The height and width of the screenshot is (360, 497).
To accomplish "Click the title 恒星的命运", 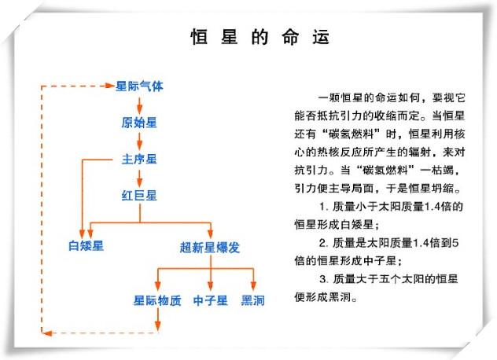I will pyautogui.click(x=259, y=37).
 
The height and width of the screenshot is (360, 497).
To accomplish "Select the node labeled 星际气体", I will pyautogui.click(x=139, y=85).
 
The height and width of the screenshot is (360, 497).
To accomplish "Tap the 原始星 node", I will pyautogui.click(x=139, y=123).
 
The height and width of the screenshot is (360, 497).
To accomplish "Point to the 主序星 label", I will pyautogui.click(x=139, y=159).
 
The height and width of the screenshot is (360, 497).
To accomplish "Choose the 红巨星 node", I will pyautogui.click(x=139, y=195).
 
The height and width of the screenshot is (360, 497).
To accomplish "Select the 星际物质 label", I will pyautogui.click(x=156, y=299).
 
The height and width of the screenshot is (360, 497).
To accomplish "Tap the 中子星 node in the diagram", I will pyautogui.click(x=210, y=299).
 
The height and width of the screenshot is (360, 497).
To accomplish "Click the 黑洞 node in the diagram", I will pyautogui.click(x=253, y=299).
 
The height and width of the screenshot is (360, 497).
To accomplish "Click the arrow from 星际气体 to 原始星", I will pyautogui.click(x=139, y=104).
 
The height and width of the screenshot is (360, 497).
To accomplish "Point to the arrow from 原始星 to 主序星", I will pyautogui.click(x=139, y=141).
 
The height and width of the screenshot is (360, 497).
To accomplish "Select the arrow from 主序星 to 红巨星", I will pyautogui.click(x=139, y=177).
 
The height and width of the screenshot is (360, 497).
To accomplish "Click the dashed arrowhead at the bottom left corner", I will pyautogui.click(x=47, y=333).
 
